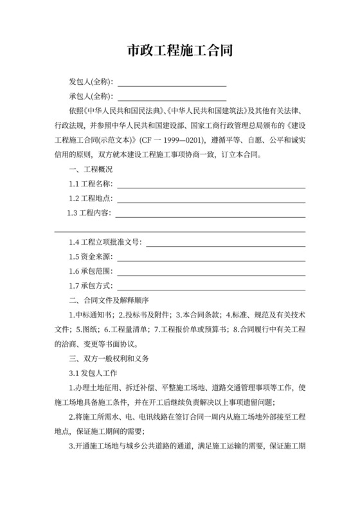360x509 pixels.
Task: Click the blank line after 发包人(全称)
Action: (172, 84)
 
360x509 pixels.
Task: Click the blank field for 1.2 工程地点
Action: (210, 199)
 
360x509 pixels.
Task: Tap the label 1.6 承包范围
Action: (90, 271)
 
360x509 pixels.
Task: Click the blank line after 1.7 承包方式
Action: (210, 286)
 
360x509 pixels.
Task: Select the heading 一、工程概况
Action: (91, 170)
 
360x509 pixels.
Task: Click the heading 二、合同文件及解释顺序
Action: (109, 300)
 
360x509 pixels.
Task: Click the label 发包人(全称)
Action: (91, 83)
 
